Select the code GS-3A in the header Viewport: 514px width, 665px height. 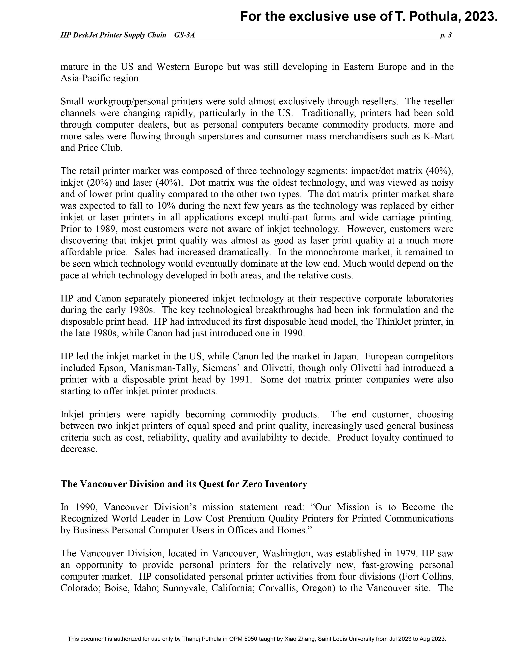click(x=184, y=35)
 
